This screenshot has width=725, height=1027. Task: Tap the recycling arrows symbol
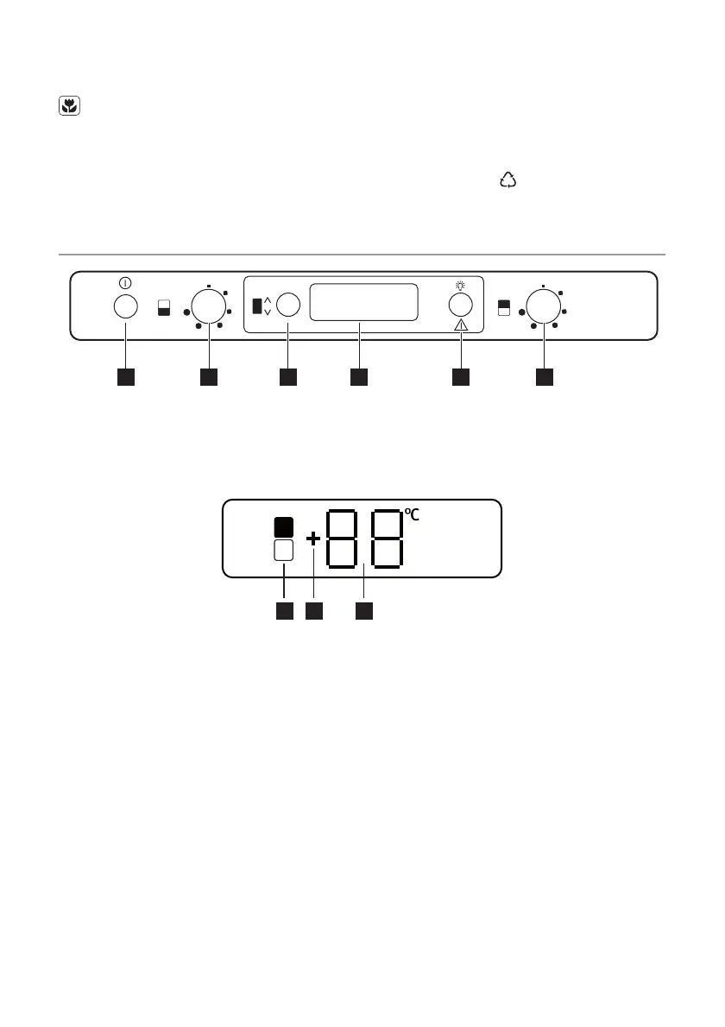pyautogui.click(x=507, y=180)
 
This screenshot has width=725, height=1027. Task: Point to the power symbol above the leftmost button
pyautogui.click(x=126, y=283)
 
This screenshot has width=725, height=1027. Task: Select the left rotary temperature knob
pyautogui.click(x=208, y=306)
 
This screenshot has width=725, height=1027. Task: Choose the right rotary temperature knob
pyautogui.click(x=543, y=306)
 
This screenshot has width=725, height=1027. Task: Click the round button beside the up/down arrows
pyautogui.click(x=288, y=306)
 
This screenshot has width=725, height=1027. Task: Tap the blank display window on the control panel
pyautogui.click(x=363, y=302)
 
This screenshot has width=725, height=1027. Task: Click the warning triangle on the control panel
pyautogui.click(x=461, y=325)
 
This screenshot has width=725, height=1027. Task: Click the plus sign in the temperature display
pyautogui.click(x=313, y=539)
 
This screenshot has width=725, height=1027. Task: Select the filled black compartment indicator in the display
pyautogui.click(x=284, y=526)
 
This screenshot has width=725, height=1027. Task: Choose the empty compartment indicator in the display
pyautogui.click(x=284, y=551)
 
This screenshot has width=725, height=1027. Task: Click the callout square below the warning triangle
pyautogui.click(x=461, y=377)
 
